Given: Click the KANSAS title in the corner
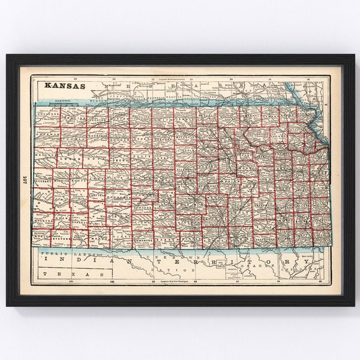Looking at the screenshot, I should tap(64, 85).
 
